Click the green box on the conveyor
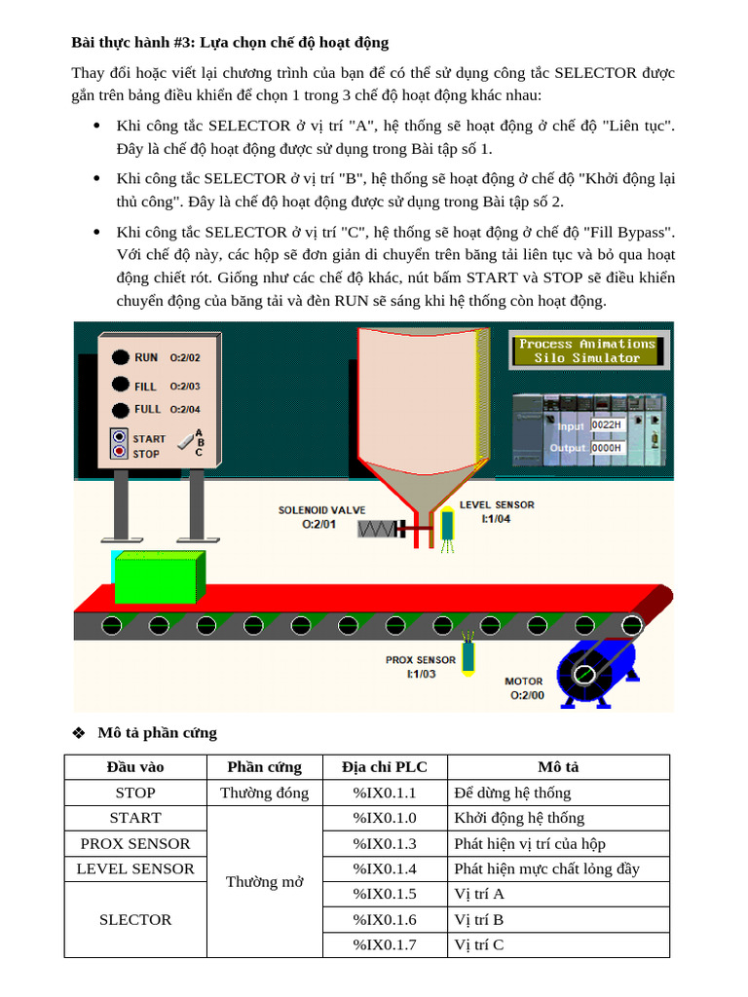coord(158,577)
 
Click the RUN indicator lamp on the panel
coord(120,357)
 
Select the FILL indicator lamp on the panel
coord(120,385)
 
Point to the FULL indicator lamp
coord(120,410)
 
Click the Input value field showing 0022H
coord(606,425)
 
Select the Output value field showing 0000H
coord(606,448)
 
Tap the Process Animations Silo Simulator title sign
coord(587,351)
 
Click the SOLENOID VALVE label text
coord(321,509)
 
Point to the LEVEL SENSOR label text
coord(497,505)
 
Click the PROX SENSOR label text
coord(421,660)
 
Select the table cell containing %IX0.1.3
coord(384,843)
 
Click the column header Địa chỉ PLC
coord(384,767)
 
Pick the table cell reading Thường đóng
coord(264,793)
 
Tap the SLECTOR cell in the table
coord(135,919)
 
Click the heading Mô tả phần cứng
coord(157,732)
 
